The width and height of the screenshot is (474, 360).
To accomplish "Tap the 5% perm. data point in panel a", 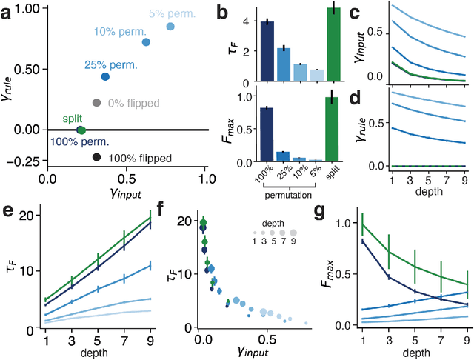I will tap(171, 27).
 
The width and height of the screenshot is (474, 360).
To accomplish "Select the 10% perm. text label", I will tap(114, 32).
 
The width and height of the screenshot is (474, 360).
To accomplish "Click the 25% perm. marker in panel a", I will tap(105, 76).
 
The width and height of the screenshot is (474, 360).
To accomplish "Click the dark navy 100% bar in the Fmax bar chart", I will tap(267, 138).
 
